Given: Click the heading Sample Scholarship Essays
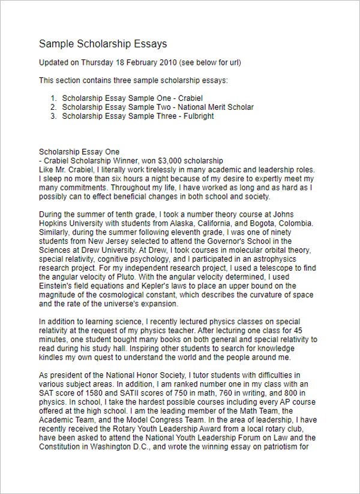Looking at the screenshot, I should (103, 44).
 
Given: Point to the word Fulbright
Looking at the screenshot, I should (194, 116).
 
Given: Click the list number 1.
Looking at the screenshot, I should (53, 98).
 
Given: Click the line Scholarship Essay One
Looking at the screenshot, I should (79, 152).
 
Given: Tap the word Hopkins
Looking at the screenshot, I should (55, 223).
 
